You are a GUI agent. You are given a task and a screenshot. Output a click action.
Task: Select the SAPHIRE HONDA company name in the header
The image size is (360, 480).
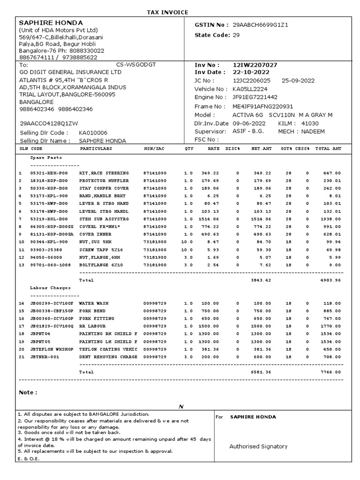tap(51, 23)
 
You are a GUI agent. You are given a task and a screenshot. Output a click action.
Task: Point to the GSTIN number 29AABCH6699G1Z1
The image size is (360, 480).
tap(261, 24)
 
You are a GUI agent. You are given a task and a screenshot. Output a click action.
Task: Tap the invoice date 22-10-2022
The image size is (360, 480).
tap(251, 73)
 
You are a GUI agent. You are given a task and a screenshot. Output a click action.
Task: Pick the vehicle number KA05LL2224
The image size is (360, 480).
tap(251, 89)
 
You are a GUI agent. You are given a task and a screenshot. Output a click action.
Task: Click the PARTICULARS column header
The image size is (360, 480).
tap(96, 149)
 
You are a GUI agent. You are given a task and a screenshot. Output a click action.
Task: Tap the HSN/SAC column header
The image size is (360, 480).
tap(154, 149)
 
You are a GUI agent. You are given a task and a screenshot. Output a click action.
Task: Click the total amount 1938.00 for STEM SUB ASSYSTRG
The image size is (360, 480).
tap(331, 219)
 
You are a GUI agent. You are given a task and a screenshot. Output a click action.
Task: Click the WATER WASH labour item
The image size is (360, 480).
tap(94, 304)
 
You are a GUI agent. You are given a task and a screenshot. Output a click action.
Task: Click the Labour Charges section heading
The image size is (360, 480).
tap(51, 288)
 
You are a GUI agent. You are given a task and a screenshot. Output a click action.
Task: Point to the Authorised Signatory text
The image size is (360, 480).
tap(258, 447)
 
